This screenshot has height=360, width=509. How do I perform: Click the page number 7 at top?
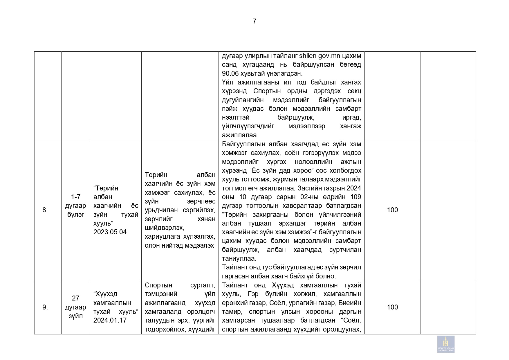255,21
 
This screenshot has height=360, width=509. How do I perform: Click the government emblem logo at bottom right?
446,344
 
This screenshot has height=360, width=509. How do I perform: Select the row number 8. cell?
45,210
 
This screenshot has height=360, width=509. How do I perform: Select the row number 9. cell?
45,307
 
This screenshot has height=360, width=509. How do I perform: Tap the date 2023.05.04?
110,232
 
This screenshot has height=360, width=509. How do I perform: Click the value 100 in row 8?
392,210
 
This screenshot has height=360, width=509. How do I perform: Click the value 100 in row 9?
392,307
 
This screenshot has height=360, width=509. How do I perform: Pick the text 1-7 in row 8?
75,197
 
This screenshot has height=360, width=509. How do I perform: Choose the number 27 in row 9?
75,298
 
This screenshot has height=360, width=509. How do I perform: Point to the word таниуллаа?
239,258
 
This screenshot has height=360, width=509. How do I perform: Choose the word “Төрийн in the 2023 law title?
106,188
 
